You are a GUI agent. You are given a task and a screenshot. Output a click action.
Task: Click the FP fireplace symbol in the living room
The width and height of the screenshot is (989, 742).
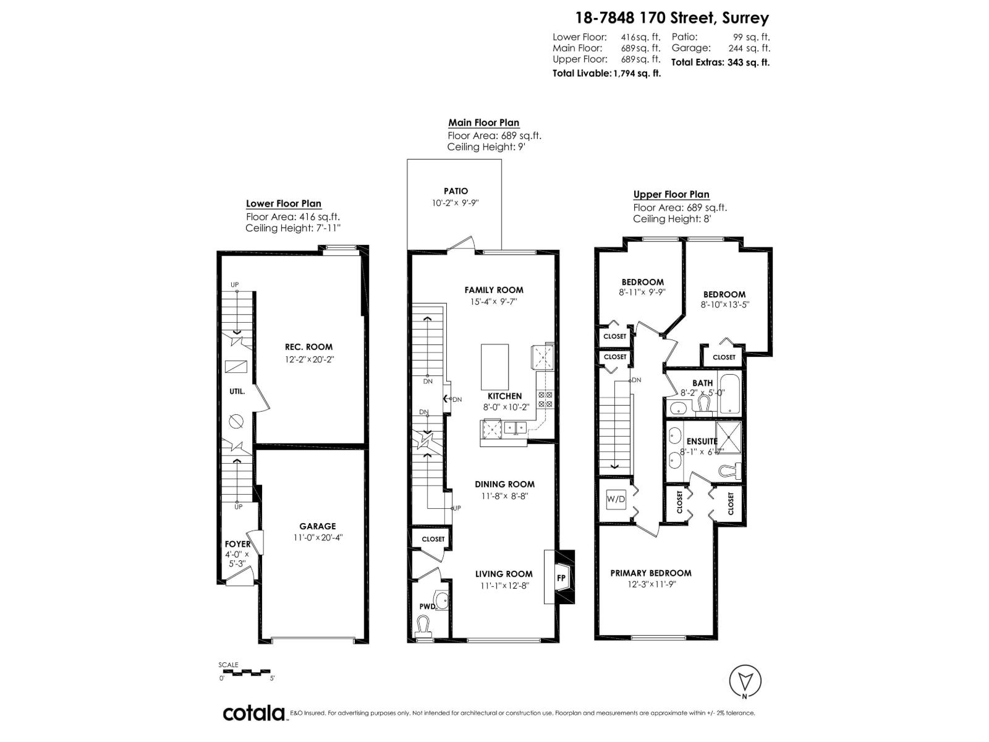(x=562, y=578)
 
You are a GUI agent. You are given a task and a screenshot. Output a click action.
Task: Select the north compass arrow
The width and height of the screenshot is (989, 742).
(x=745, y=681)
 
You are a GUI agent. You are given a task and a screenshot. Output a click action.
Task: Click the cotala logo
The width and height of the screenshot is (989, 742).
(x=253, y=713)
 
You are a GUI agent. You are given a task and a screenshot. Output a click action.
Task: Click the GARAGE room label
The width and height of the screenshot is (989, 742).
(x=318, y=527)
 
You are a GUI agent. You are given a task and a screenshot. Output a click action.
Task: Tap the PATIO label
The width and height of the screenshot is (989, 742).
(x=456, y=191)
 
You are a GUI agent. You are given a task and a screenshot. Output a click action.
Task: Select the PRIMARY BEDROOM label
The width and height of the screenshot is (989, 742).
(x=651, y=573)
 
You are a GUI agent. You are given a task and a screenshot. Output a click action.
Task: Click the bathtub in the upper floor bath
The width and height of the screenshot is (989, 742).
(x=729, y=394)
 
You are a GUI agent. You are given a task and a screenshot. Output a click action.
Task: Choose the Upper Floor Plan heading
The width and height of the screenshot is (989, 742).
(x=671, y=194)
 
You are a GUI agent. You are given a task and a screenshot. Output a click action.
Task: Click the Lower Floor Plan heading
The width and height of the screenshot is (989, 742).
(x=284, y=203)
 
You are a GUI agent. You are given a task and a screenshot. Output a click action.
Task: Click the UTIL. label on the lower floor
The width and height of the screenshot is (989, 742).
(x=237, y=391)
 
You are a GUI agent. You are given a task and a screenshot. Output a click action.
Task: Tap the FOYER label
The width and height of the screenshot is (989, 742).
(x=237, y=544)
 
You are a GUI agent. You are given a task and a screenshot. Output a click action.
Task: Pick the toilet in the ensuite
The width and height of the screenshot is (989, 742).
(x=730, y=471)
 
